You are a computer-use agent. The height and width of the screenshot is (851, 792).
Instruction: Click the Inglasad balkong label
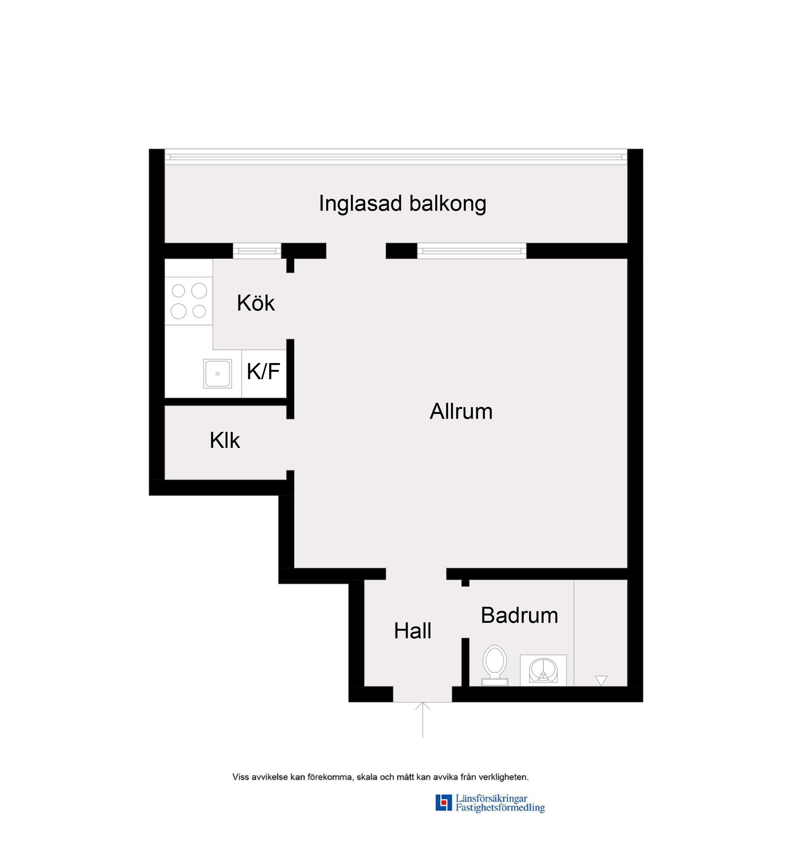pos(402,203)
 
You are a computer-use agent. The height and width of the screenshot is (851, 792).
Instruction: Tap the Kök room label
pos(256,303)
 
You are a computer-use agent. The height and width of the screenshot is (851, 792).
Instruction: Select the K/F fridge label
pos(263,371)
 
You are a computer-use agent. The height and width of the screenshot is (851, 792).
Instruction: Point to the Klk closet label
pos(225,440)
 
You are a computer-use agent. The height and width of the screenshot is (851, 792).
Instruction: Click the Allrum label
pos(461,411)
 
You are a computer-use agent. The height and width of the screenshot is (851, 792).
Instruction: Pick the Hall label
pos(412,631)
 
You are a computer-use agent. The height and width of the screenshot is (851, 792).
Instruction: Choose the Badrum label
pos(519,615)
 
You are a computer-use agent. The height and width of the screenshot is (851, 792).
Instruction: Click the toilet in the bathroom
pos(495,665)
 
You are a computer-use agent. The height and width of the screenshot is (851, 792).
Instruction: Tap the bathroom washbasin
pos(543,670)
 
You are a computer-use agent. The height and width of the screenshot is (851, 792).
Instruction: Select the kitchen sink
pos(217,373)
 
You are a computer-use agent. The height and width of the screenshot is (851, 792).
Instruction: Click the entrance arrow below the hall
pos(422,719)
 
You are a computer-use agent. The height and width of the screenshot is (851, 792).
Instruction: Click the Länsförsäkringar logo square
pos(443,802)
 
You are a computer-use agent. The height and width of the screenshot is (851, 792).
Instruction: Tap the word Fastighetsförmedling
pos(500,807)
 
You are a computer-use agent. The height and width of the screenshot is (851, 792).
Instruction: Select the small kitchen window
pos(257,251)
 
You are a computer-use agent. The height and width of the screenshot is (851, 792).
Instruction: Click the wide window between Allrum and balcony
pos(472,251)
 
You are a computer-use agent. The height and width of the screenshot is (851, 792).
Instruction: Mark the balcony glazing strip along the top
pos(396,157)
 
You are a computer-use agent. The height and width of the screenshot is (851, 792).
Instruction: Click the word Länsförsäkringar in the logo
pos(491,798)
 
